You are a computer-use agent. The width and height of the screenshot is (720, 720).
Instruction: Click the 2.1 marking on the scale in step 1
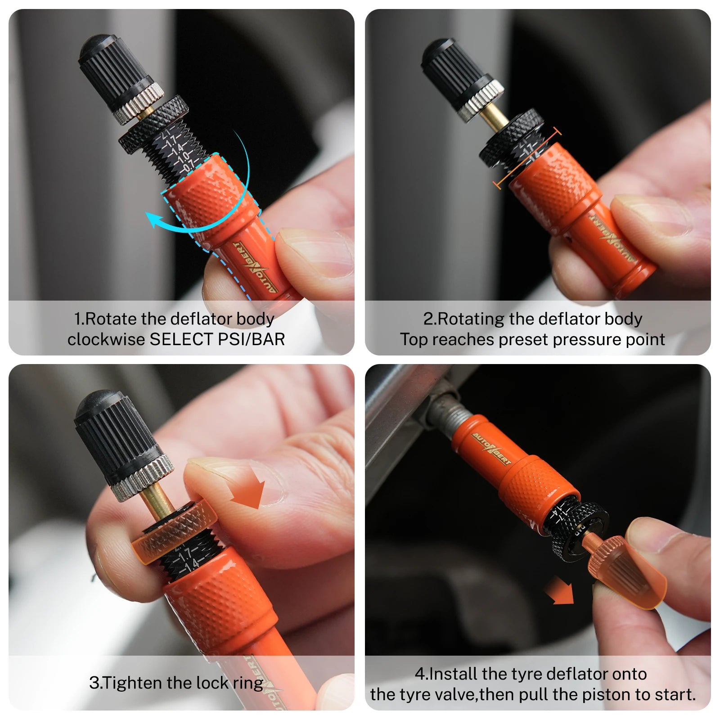166,134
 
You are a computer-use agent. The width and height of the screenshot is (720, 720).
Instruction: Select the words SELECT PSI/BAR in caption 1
217,339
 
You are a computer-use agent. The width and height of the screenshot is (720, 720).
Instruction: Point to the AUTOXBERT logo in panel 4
491,449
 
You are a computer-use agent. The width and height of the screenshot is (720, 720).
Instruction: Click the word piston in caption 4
607,695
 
